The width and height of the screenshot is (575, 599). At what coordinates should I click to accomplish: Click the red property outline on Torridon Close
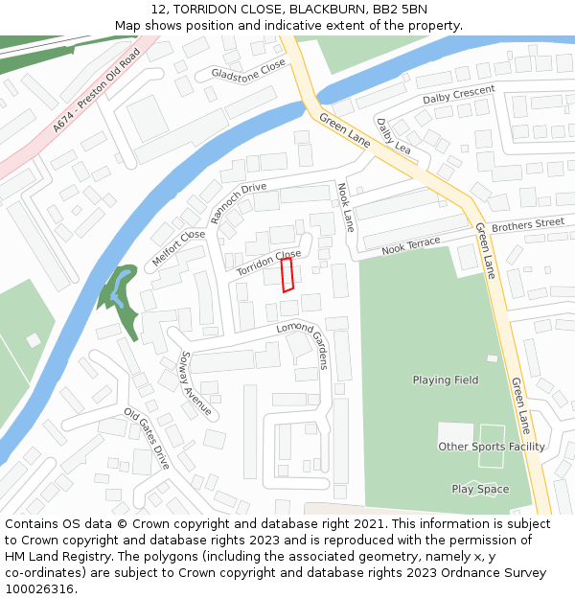tap(286, 274)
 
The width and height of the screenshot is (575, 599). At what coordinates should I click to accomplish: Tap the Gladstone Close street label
tap(248, 70)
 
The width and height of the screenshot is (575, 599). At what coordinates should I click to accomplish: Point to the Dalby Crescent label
tap(459, 95)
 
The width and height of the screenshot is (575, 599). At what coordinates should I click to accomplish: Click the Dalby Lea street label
tap(393, 135)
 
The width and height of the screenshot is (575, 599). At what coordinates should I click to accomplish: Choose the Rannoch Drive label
tap(239, 202)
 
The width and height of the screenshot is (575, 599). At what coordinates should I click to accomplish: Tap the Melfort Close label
tap(178, 248)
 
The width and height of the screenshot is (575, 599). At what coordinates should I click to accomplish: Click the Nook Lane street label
tap(346, 208)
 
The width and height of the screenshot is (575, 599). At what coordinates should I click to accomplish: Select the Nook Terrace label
tap(411, 245)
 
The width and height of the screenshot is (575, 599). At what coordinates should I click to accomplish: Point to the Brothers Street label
tap(528, 225)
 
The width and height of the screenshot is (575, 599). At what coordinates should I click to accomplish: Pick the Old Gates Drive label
tap(147, 437)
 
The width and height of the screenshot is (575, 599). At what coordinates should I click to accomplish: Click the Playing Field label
tap(446, 380)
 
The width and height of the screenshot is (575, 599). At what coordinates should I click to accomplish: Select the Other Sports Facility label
tap(492, 447)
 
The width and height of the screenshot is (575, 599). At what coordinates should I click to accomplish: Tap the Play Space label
tap(480, 489)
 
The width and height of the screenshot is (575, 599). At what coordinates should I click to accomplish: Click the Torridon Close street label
tap(269, 263)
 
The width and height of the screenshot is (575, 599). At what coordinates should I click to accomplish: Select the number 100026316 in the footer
tap(41, 588)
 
